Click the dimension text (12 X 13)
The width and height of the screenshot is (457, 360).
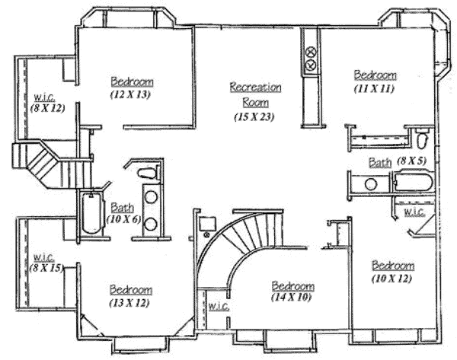(130, 94)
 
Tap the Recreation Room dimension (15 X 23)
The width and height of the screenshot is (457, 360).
(254, 116)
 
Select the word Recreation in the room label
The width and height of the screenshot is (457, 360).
(256, 87)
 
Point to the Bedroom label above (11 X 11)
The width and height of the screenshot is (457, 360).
(375, 75)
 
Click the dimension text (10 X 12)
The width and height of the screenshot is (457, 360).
(392, 279)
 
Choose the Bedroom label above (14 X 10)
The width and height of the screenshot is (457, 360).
(293, 286)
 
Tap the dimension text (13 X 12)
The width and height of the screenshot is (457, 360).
(129, 303)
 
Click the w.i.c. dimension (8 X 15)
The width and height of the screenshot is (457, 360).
(46, 268)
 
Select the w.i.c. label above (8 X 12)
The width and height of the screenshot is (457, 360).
(45, 97)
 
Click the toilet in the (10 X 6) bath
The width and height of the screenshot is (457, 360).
(148, 173)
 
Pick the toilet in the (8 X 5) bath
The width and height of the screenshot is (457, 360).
(422, 140)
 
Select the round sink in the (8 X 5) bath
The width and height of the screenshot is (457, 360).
(371, 184)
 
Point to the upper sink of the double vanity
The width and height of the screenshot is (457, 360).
(151, 197)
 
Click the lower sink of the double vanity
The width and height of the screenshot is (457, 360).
(150, 224)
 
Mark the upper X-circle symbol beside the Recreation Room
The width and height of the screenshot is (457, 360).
(312, 53)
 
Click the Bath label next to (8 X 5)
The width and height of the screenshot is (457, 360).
(380, 163)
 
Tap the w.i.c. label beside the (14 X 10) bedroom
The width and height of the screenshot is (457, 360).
(219, 306)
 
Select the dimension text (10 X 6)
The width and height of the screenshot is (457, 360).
(124, 219)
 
